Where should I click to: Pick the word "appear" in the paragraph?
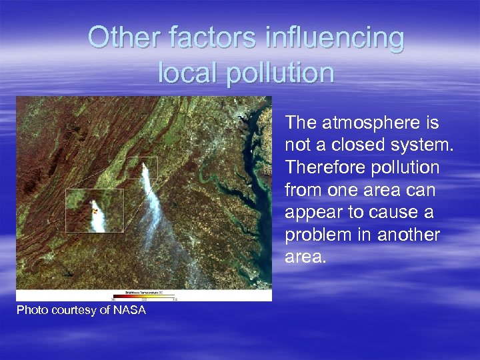pos(314,213)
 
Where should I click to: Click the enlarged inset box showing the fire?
pos(95,211)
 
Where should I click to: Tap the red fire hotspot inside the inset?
pos(95,211)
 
